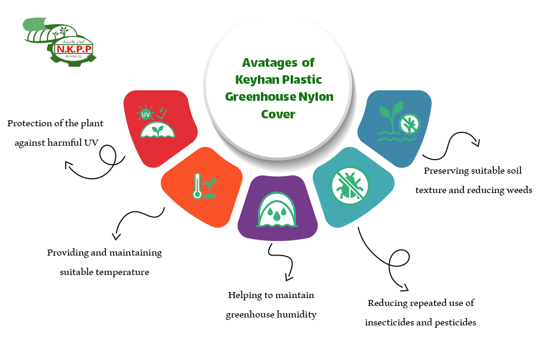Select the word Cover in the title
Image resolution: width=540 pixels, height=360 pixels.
coord(278,114)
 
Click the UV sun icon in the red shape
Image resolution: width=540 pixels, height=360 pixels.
coord(146,114)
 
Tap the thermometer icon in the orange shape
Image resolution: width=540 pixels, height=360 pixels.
coord(197,186)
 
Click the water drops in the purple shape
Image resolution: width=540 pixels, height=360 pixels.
coord(277,214)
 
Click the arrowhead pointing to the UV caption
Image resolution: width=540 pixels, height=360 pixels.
coord(68,164)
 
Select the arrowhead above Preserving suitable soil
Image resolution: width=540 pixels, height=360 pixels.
coord(477,144)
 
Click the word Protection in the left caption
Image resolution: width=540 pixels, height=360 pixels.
coord(30,123)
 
